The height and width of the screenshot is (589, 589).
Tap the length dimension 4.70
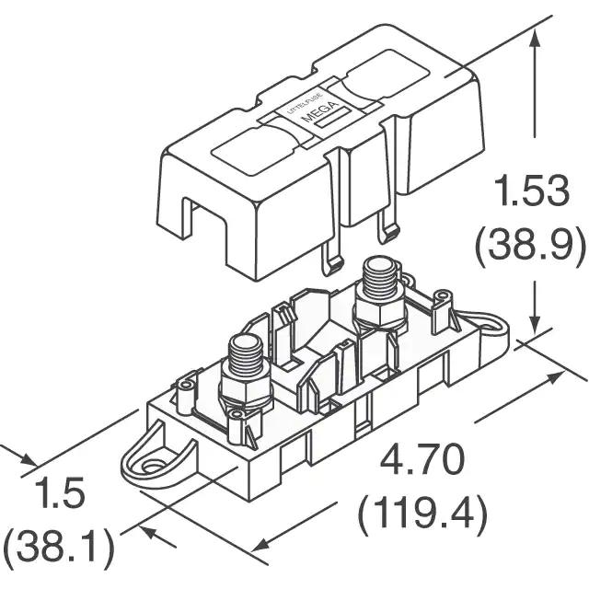point(422,460)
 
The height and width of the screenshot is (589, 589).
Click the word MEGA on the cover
point(321,111)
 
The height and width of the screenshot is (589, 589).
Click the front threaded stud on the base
point(246,355)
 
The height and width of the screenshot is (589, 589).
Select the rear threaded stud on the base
point(379,278)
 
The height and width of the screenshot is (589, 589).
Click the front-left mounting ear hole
point(153,468)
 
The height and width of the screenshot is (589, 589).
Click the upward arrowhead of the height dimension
point(535,40)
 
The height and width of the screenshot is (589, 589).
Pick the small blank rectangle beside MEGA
point(332,119)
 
